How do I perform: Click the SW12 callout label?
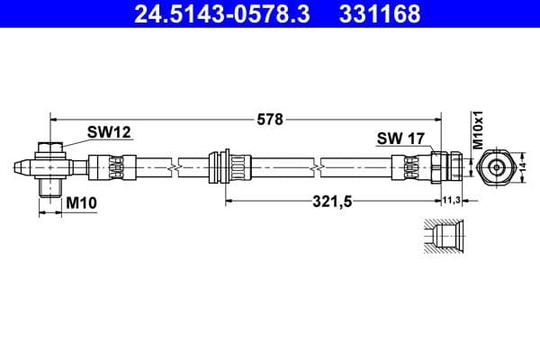[109, 132]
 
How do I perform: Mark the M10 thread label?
[81, 204]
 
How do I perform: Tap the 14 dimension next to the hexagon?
[523, 166]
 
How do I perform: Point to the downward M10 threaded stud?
[51, 187]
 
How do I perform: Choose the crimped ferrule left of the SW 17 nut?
[410, 167]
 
